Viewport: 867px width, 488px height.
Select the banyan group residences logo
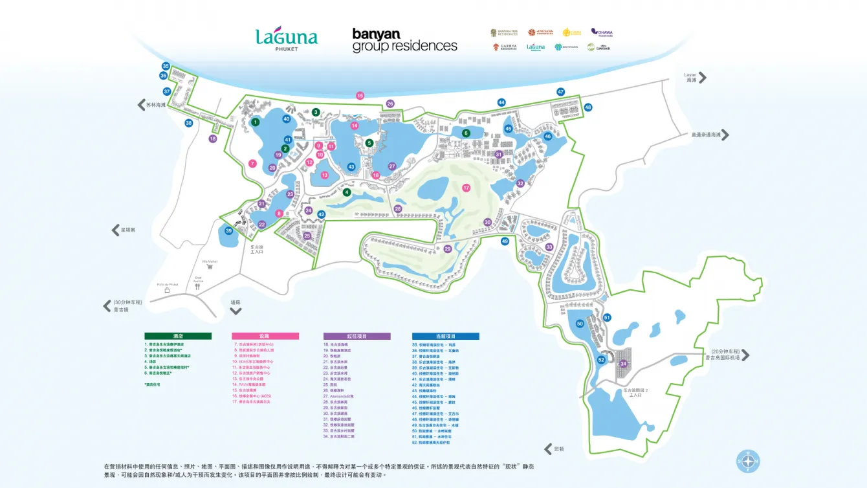[x=404, y=39]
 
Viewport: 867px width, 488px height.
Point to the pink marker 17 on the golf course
[x=466, y=188]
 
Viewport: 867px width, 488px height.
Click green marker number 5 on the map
[x=369, y=143]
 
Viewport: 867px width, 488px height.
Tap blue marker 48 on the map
[x=587, y=107]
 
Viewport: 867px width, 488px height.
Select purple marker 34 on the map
[x=624, y=364]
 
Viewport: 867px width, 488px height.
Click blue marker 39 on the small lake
[x=228, y=231]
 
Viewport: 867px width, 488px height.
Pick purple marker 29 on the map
[x=447, y=249]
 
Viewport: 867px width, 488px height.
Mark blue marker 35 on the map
[x=166, y=66]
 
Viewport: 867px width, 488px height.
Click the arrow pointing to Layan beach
[x=703, y=78]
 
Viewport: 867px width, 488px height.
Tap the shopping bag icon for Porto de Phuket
[x=167, y=291]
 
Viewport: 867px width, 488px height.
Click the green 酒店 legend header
[x=177, y=336]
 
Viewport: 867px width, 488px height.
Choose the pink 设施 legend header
[x=265, y=336]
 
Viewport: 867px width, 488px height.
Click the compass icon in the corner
[x=748, y=461]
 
